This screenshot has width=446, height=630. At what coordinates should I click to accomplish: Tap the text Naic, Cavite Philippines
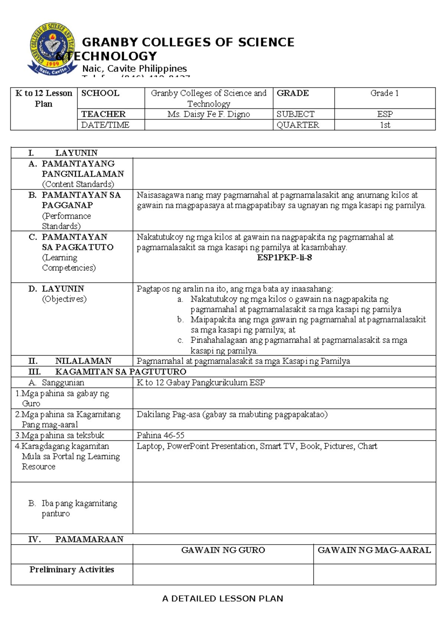click(x=134, y=68)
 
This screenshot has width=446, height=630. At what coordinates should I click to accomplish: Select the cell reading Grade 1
click(x=384, y=93)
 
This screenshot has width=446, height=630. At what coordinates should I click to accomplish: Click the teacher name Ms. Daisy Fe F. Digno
click(x=209, y=114)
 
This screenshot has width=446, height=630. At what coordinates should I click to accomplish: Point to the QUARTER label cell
click(x=298, y=125)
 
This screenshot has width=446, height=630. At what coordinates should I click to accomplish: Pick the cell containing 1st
click(x=385, y=125)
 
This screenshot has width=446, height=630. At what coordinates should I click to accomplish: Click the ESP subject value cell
click(x=385, y=114)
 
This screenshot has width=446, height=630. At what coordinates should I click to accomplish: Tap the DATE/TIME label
click(x=105, y=125)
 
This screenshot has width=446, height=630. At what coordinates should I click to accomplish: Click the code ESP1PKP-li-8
click(x=284, y=257)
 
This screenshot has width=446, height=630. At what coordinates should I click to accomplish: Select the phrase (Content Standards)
click(x=78, y=184)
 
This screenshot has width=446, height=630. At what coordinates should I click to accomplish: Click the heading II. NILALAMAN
click(x=70, y=361)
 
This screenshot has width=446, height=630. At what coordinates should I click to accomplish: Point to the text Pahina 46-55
click(x=161, y=435)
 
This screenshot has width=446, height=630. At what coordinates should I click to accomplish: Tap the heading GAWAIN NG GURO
click(x=223, y=550)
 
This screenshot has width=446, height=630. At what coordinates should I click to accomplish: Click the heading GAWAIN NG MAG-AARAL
click(x=374, y=550)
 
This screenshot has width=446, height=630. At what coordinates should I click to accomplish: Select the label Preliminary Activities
click(x=72, y=569)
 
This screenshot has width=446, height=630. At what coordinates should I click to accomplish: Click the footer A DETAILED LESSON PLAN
click(x=223, y=598)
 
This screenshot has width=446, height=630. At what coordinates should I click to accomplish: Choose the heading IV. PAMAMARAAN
click(x=76, y=539)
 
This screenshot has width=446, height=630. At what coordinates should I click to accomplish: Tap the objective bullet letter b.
click(x=180, y=319)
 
